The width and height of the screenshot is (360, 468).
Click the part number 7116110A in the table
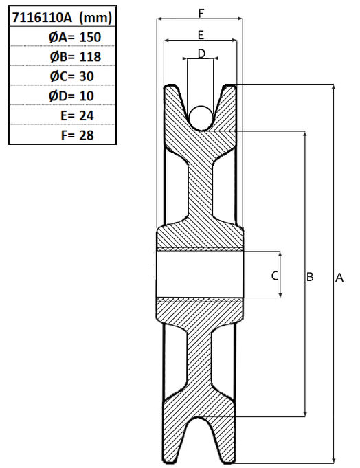pos(42,17)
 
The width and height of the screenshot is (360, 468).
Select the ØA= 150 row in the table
pos(75,37)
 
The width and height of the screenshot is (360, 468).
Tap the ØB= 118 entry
pos(76,57)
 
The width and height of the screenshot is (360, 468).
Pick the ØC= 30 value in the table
pos(72,76)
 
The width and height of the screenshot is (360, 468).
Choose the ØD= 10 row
pos(71,96)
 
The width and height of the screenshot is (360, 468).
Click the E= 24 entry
pos(77,116)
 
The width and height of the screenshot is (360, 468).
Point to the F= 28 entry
pos(77,135)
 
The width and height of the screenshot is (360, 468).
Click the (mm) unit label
pos(95,18)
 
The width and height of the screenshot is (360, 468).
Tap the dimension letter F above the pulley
pos(201,13)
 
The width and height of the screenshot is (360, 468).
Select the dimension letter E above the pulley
pos(201,35)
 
